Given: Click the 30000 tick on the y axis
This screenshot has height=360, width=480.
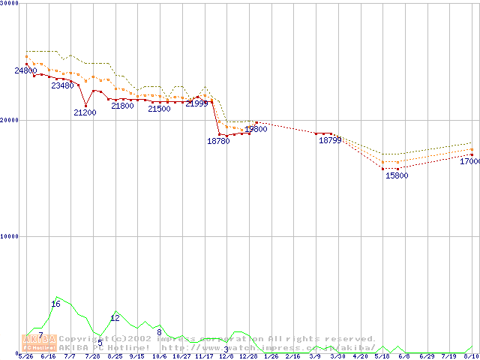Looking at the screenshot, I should [x=10, y=4].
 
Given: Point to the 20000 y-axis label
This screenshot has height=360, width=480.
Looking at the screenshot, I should [x=10, y=120].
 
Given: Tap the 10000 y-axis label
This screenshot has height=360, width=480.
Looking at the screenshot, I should [x=10, y=236].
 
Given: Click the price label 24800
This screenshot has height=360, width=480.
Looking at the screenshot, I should [x=25, y=71].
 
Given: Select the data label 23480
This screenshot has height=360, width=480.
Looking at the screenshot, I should [x=62, y=85].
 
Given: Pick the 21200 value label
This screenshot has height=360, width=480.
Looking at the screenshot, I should [x=85, y=112].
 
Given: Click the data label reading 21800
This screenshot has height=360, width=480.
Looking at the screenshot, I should [x=122, y=106].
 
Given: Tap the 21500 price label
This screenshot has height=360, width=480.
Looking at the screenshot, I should [x=159, y=109].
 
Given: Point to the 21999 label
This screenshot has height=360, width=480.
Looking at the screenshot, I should [x=196, y=103].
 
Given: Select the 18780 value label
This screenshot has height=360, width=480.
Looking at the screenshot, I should [x=218, y=141].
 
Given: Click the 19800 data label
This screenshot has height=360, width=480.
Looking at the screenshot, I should [x=256, y=129].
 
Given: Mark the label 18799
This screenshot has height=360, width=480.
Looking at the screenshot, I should [x=330, y=140].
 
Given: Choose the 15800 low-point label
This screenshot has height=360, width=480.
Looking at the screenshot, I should [x=397, y=175].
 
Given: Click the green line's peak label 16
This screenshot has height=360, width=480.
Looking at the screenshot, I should [x=55, y=304].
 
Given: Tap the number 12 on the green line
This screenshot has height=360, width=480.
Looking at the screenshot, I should [x=115, y=318].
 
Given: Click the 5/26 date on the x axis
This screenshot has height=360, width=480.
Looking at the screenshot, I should [x=25, y=356].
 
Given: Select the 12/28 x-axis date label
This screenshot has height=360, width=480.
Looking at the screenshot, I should [x=248, y=356].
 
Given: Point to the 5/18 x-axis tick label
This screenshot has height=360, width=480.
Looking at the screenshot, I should [x=382, y=356].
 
